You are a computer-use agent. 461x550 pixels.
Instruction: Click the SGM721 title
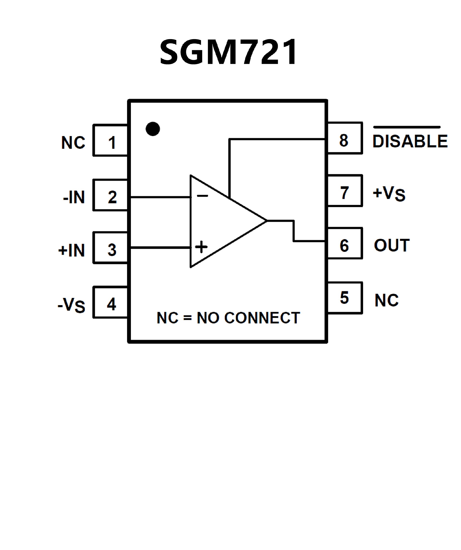(228, 52)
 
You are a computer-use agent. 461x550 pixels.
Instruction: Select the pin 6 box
(345, 243)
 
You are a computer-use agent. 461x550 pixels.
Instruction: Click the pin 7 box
(345, 191)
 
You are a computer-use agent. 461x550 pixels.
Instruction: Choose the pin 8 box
(345, 138)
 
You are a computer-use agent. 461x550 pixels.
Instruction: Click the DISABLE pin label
(410, 141)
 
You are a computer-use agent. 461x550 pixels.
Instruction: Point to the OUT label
(392, 245)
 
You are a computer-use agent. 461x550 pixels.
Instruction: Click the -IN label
(74, 197)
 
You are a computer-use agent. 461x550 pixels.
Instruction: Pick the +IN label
(72, 250)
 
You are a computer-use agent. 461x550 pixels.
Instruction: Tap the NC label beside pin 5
(386, 300)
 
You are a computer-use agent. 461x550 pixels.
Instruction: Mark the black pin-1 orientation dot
(153, 129)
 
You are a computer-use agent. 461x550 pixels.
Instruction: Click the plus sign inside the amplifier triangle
(201, 247)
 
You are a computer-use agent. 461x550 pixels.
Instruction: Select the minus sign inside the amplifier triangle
(202, 195)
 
